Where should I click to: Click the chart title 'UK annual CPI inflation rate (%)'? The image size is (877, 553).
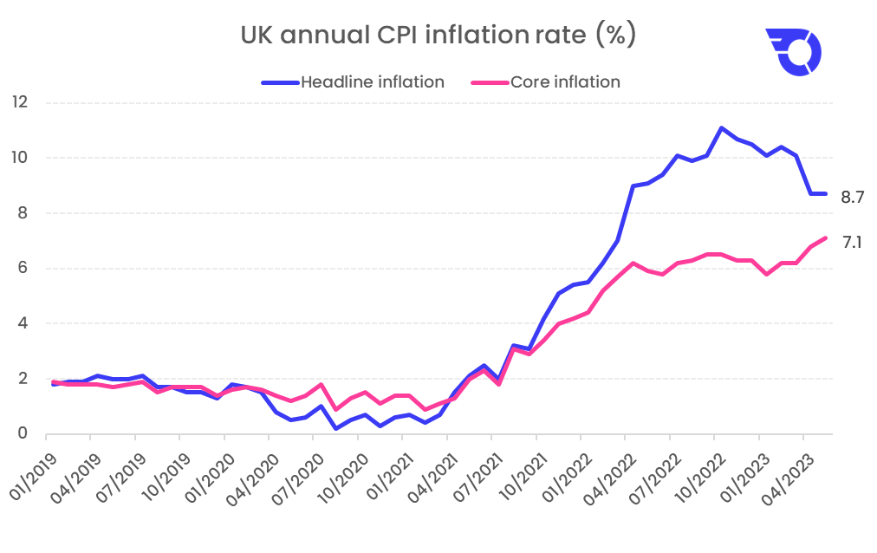(x=438, y=36)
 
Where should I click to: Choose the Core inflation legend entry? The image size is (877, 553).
(x=545, y=82)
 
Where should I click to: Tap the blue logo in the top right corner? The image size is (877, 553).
(x=793, y=52)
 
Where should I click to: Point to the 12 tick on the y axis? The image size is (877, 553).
(x=21, y=102)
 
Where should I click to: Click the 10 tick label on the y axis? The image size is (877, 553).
(x=21, y=158)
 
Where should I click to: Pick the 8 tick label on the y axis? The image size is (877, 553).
(x=23, y=213)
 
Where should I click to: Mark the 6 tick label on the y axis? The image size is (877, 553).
(x=23, y=268)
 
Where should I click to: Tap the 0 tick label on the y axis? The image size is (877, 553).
(x=23, y=433)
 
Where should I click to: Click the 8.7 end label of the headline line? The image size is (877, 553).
(x=853, y=198)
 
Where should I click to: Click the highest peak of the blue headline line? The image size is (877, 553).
(x=721, y=128)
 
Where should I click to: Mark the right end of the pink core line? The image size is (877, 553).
(x=826, y=237)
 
